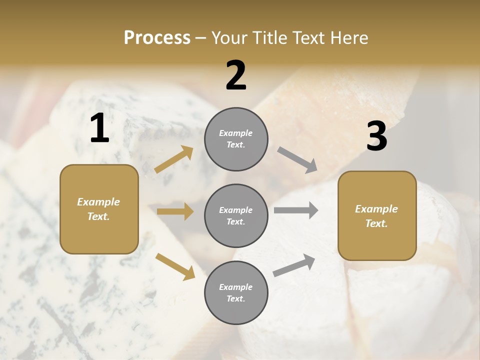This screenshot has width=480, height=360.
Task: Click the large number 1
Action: (x=99, y=128)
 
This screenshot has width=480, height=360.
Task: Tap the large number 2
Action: (x=236, y=75)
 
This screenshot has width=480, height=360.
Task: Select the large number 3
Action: (x=376, y=136)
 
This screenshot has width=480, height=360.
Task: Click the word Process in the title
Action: (x=157, y=38)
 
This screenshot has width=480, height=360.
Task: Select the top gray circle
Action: (x=236, y=139)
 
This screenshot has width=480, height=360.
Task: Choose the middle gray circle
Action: (x=236, y=215)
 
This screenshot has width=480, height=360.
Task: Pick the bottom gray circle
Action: (x=236, y=292)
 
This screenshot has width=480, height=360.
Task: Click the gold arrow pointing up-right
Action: (x=174, y=159)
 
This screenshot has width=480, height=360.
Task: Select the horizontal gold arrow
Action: (x=175, y=211)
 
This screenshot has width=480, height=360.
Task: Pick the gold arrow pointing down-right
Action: (x=175, y=266)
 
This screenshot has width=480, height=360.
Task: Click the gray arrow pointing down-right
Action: (x=297, y=160)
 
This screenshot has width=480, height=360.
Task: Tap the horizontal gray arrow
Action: (x=296, y=210)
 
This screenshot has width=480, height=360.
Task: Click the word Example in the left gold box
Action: (x=98, y=202)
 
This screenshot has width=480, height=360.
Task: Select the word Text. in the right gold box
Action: (x=376, y=223)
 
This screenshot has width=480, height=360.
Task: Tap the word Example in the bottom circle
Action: (x=236, y=287)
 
